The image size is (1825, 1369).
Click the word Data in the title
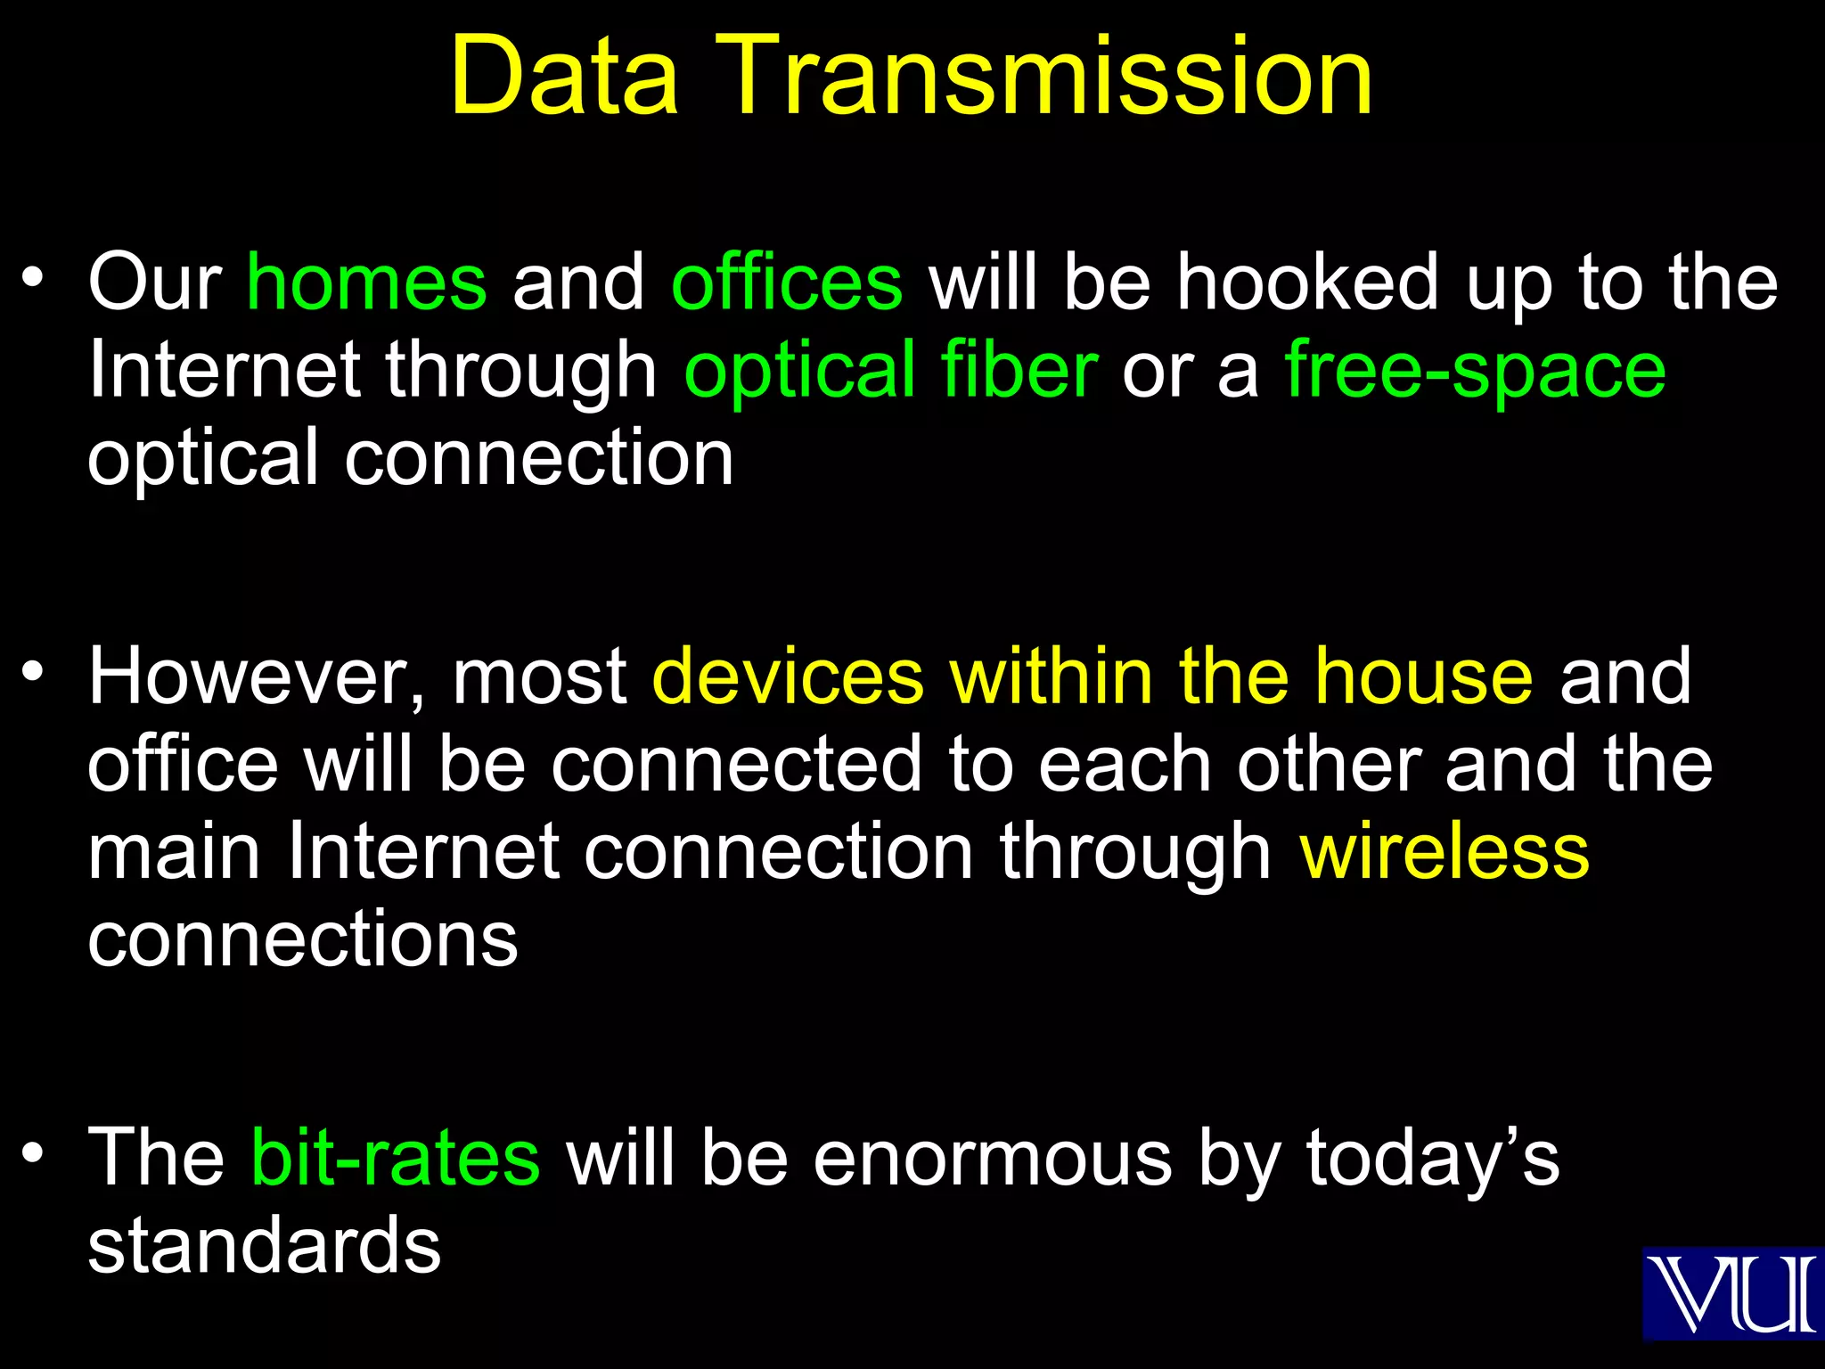click(564, 78)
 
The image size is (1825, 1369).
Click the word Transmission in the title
click(1052, 78)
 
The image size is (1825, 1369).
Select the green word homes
click(367, 283)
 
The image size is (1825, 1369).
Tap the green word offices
click(787, 283)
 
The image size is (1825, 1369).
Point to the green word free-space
click(1475, 373)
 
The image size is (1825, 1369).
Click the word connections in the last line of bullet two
click(303, 941)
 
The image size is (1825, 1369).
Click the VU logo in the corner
click(1731, 1293)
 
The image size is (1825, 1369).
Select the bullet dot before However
click(33, 670)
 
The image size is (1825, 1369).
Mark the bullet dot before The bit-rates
click(33, 1152)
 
